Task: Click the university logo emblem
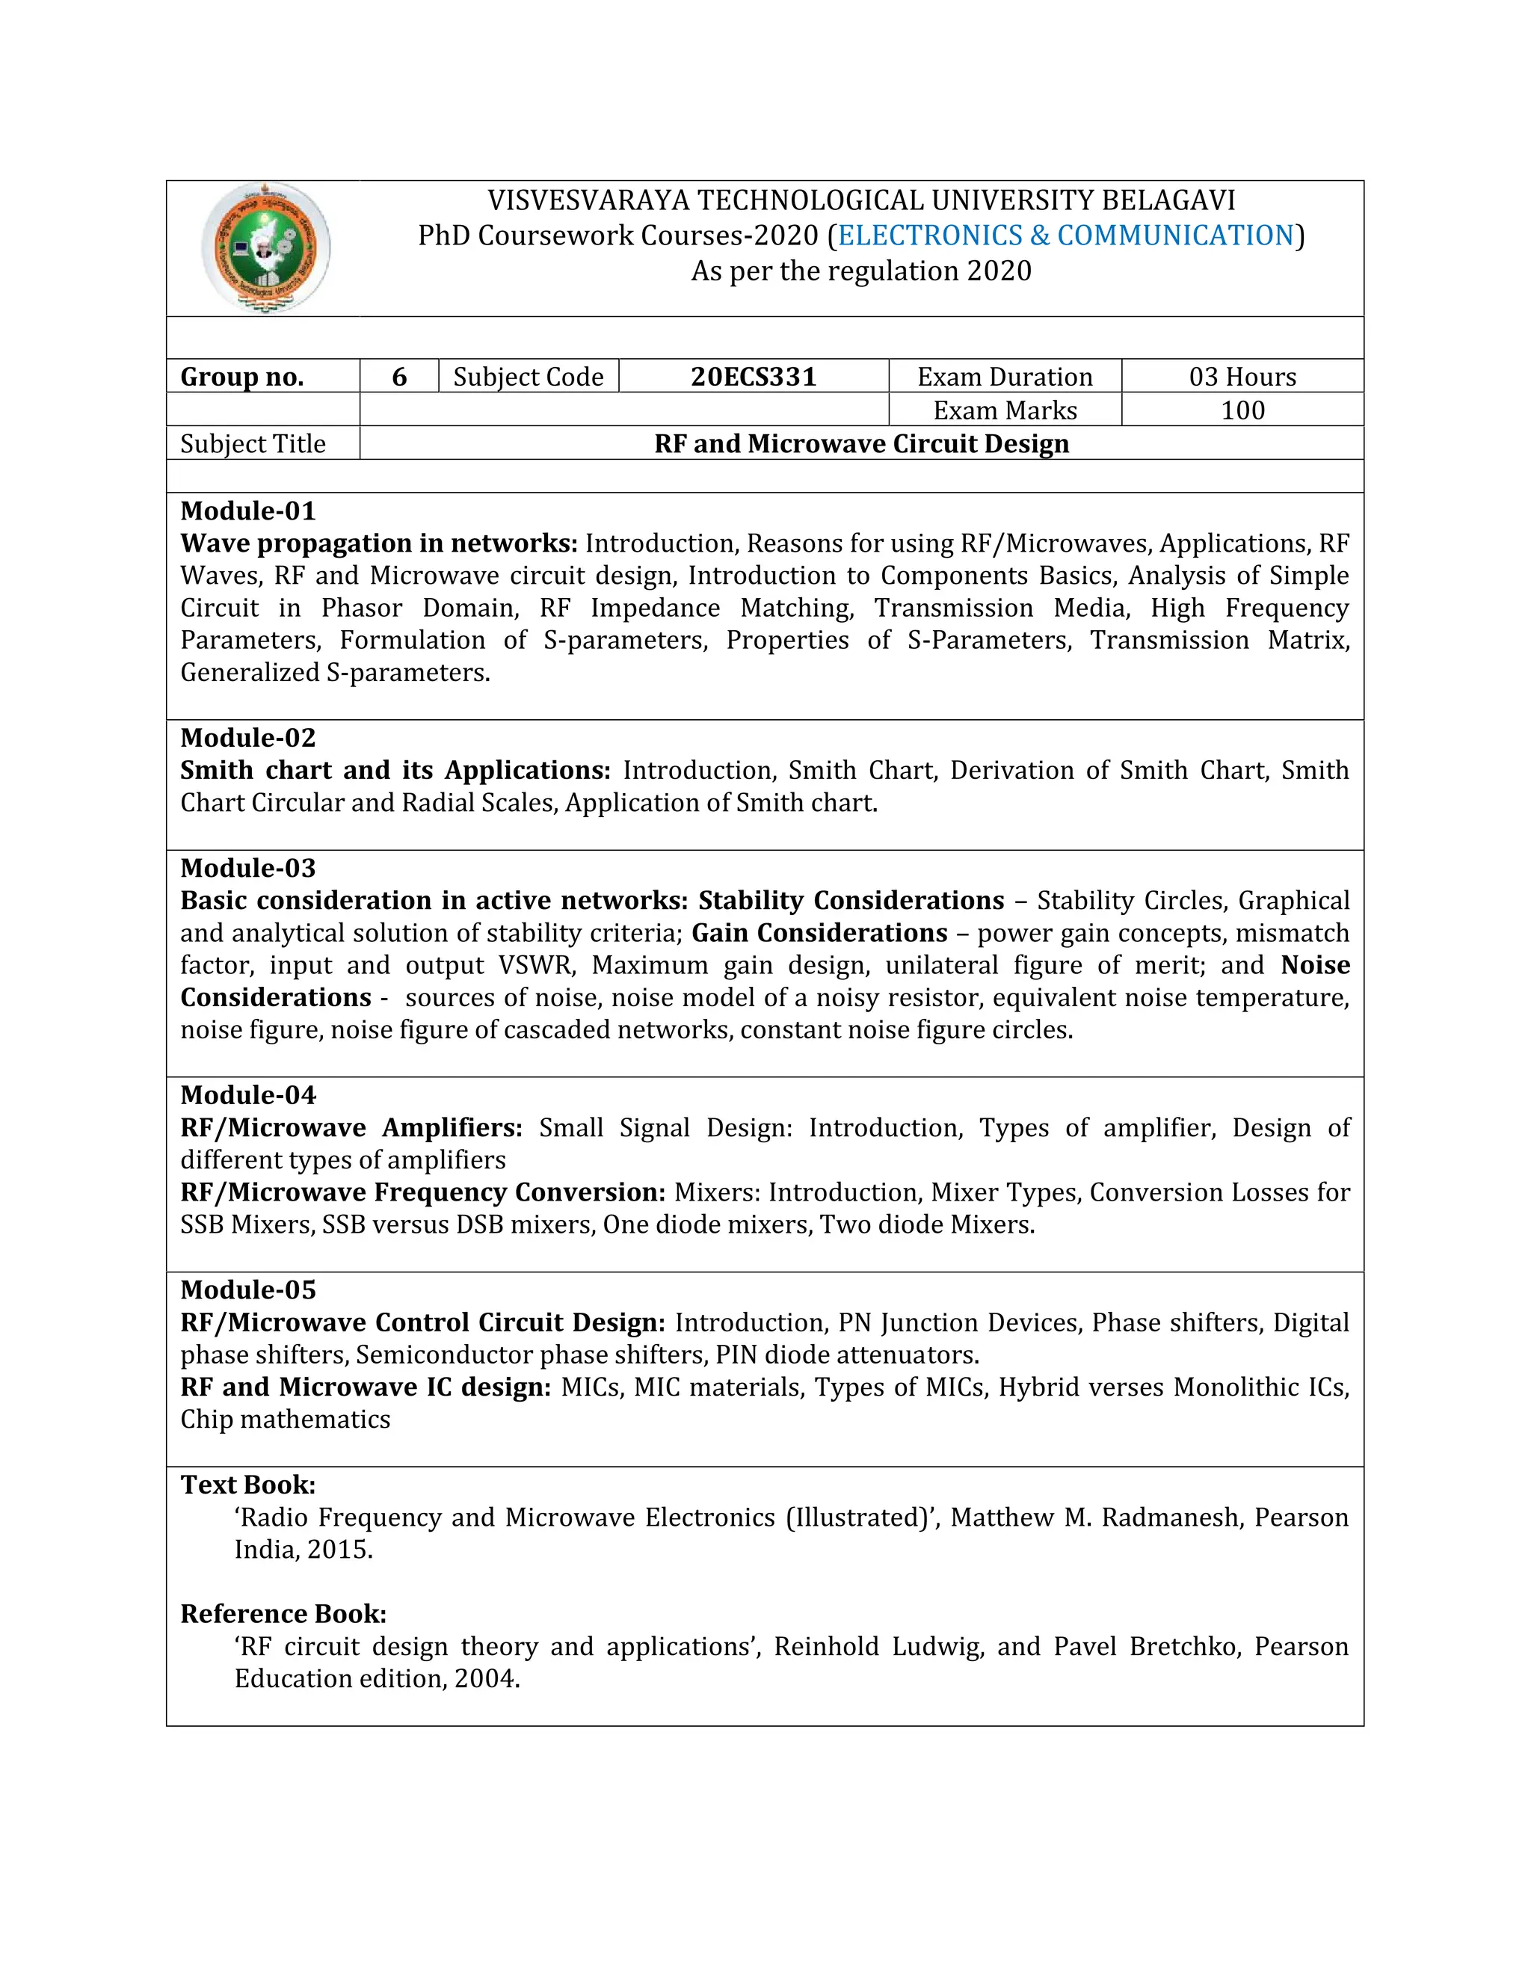pyautogui.click(x=265, y=247)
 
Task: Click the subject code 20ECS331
pyautogui.click(x=753, y=377)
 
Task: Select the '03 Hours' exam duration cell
pyautogui.click(x=1242, y=377)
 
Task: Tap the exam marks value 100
pyautogui.click(x=1242, y=410)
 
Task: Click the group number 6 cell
pyautogui.click(x=399, y=377)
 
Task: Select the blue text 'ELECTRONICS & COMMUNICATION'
pyautogui.click(x=1066, y=235)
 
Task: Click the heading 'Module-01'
pyautogui.click(x=247, y=511)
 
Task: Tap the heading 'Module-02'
pyautogui.click(x=247, y=737)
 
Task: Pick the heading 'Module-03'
pyautogui.click(x=247, y=868)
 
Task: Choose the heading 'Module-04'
pyautogui.click(x=247, y=1095)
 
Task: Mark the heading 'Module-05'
pyautogui.click(x=247, y=1290)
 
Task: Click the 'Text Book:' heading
pyautogui.click(x=247, y=1485)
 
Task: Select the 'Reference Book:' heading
pyautogui.click(x=283, y=1614)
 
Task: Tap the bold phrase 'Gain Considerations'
pyautogui.click(x=819, y=932)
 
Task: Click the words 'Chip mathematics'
pyautogui.click(x=285, y=1420)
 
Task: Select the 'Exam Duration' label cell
pyautogui.click(x=1004, y=377)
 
